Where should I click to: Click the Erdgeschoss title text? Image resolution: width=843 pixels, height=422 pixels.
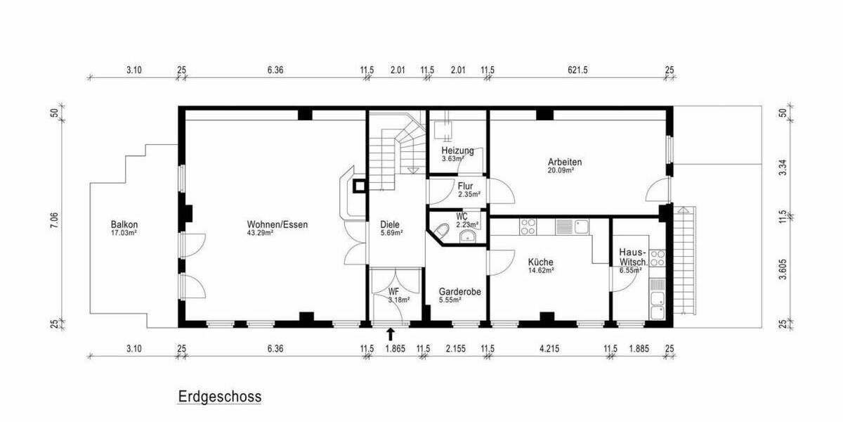[219, 397]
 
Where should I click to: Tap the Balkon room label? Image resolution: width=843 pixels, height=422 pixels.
[124, 225]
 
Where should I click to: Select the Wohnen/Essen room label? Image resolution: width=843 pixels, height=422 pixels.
[277, 225]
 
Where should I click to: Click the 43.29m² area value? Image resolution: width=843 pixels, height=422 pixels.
[260, 233]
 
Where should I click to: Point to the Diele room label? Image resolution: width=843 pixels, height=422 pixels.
[389, 225]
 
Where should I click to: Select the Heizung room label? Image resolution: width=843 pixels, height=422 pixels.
[457, 151]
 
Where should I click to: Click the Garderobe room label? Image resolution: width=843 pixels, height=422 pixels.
[459, 291]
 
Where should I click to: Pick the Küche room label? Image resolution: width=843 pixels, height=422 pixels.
[540, 262]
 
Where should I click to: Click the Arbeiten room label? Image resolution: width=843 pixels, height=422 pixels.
[565, 162]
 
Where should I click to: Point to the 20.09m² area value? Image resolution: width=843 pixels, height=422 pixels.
[561, 170]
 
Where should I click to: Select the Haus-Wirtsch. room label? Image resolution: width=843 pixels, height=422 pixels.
[633, 257]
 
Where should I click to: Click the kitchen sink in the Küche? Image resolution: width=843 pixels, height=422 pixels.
[581, 226]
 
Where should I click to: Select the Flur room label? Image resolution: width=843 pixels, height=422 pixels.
[465, 186]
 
